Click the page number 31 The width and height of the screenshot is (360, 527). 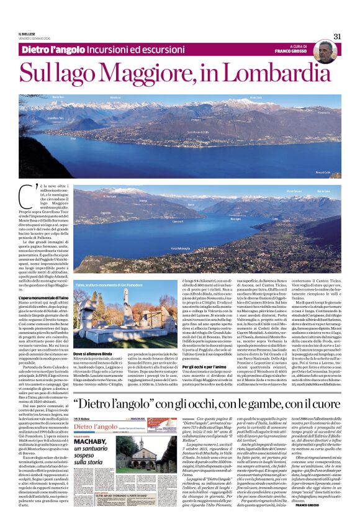pyautogui.click(x=337, y=36)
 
